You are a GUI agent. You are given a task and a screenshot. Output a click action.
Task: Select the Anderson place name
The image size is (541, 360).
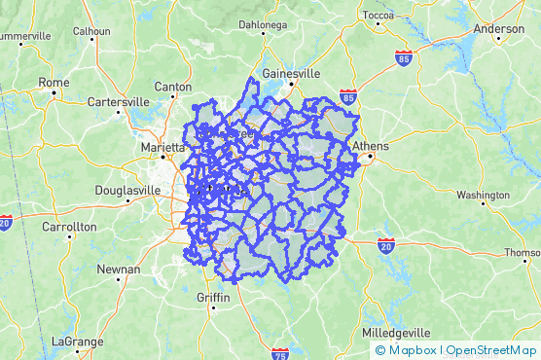498,29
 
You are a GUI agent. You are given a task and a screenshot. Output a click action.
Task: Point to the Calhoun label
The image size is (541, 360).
92,31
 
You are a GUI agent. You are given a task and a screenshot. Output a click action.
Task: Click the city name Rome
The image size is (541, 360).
54,83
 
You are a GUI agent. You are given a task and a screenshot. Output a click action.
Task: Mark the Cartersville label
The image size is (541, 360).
118,101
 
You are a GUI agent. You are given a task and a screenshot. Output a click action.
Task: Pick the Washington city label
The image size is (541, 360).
482,195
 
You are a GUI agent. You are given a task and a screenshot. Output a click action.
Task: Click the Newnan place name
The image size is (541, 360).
118,267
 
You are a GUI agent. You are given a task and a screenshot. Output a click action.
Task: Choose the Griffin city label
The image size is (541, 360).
212,297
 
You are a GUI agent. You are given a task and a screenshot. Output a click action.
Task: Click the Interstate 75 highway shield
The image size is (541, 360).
280,352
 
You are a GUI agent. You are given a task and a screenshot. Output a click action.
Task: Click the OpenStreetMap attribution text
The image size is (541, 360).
490,350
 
